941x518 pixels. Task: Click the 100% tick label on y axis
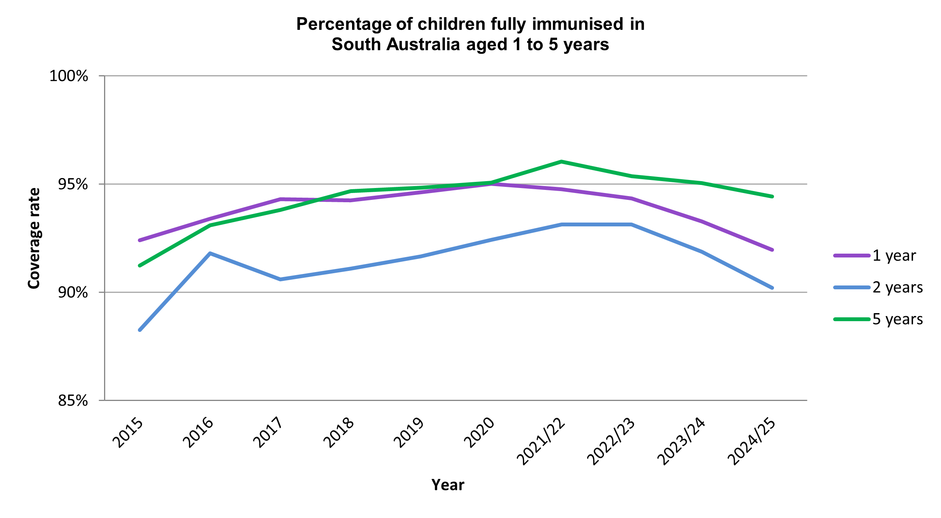click(69, 76)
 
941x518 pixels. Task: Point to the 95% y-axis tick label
click(73, 185)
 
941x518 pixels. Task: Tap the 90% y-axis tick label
click(73, 293)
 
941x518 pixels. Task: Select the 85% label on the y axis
click(73, 401)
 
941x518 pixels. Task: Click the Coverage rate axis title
click(34, 238)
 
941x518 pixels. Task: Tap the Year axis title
click(448, 485)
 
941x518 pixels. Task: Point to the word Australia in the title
click(423, 45)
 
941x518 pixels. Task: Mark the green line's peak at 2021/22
click(561, 162)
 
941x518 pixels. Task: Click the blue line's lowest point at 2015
click(140, 330)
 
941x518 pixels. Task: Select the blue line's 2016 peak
click(210, 253)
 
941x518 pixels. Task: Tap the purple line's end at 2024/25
click(772, 250)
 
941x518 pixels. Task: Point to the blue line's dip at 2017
click(280, 279)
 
